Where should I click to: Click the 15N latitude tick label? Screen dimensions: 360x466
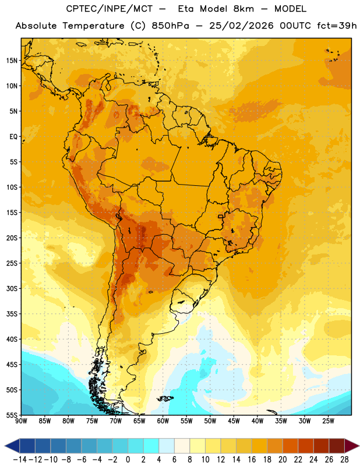click(12, 61)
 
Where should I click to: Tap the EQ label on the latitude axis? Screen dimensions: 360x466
click(13, 137)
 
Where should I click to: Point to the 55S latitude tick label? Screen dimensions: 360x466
click(12, 415)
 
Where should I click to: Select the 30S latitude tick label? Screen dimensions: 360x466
click(12, 288)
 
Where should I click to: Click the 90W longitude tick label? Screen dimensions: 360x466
click(21, 421)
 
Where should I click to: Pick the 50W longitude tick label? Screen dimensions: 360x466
click(210, 421)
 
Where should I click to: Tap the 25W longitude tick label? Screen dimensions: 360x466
click(328, 421)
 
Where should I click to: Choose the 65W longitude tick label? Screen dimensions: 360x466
click(139, 421)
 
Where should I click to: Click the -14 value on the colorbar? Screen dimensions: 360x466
click(20, 460)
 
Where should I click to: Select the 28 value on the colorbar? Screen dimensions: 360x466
click(344, 460)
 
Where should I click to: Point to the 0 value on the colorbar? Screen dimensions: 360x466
click(128, 460)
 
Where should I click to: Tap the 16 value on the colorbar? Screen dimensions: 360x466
click(252, 460)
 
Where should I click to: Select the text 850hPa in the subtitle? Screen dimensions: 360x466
click(170, 26)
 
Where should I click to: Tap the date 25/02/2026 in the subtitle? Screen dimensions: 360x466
click(241, 26)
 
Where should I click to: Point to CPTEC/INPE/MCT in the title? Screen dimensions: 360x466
click(110, 9)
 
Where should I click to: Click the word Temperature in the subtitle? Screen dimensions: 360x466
click(93, 26)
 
